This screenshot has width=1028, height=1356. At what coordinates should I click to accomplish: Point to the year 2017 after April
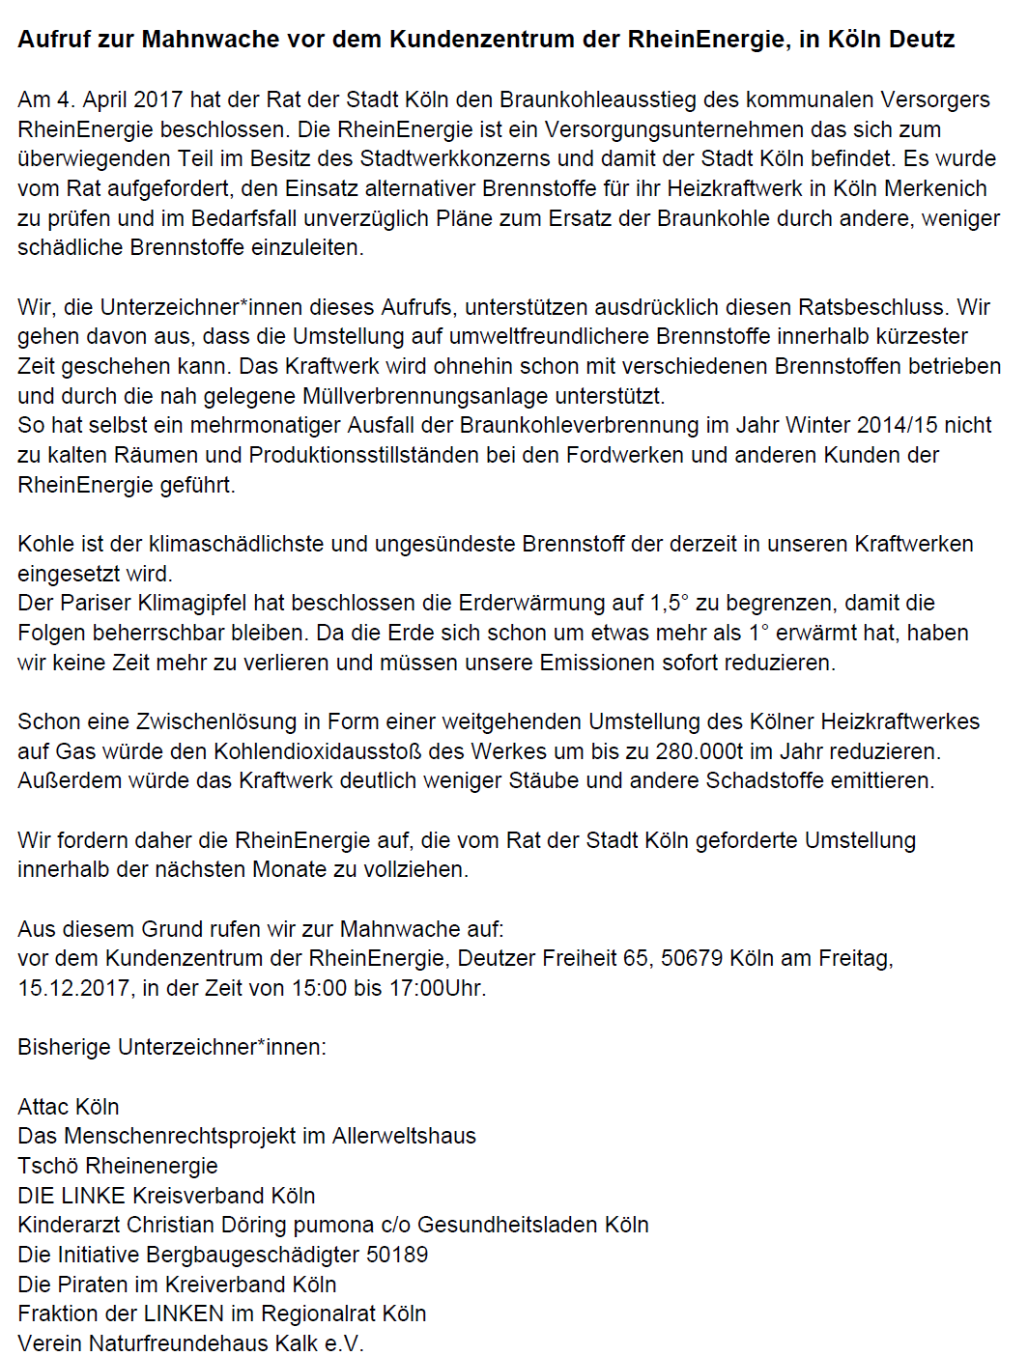tap(158, 99)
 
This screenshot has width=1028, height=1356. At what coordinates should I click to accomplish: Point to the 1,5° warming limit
tap(670, 604)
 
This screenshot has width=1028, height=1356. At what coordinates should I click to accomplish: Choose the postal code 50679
tap(692, 959)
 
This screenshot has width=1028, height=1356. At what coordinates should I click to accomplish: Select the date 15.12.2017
tap(74, 988)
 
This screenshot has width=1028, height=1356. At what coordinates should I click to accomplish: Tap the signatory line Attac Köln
tap(68, 1107)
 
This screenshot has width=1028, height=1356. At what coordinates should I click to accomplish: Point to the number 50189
tap(396, 1255)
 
